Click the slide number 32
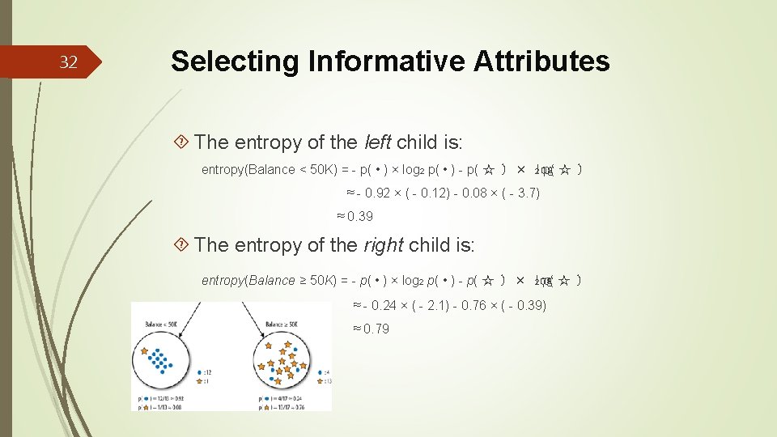point(69,63)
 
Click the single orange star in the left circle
point(144,352)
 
